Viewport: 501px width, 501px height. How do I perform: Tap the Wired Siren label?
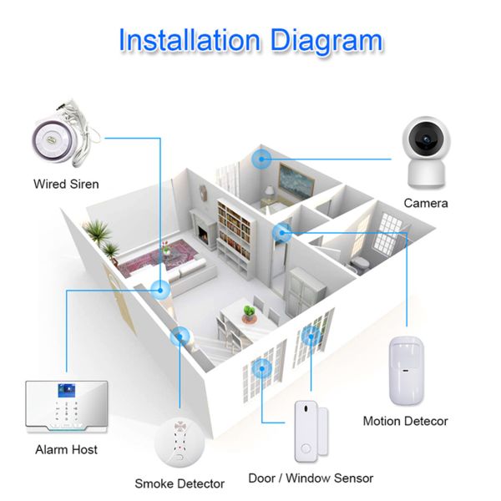point(66,183)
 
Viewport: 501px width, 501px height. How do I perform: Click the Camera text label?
point(426,203)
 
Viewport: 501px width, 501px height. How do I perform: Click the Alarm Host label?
point(67,449)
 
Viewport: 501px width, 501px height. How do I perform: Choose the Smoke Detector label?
point(180,483)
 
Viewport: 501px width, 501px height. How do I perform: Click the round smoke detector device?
point(180,442)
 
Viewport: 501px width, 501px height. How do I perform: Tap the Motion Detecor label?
point(405,421)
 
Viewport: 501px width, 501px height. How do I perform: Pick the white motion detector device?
point(406,368)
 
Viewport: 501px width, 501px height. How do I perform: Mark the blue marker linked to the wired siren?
point(159,289)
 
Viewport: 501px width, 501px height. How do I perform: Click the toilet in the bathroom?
point(361,263)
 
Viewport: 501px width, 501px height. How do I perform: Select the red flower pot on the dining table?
point(248,315)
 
